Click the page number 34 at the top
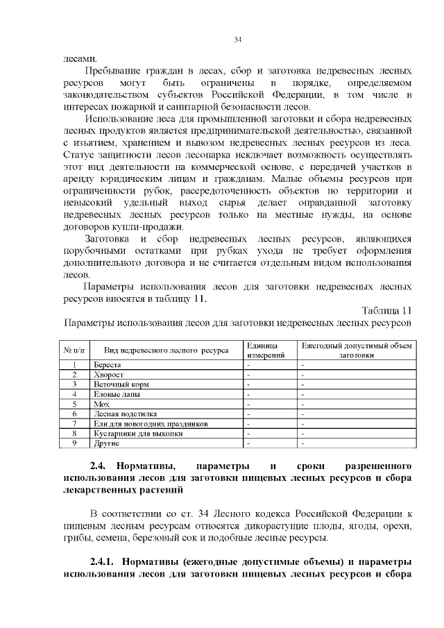[237, 39]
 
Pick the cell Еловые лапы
[114, 393]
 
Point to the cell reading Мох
[101, 403]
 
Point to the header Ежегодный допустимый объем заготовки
[356, 350]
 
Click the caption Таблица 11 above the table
[387, 309]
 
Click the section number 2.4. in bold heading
[101, 465]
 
